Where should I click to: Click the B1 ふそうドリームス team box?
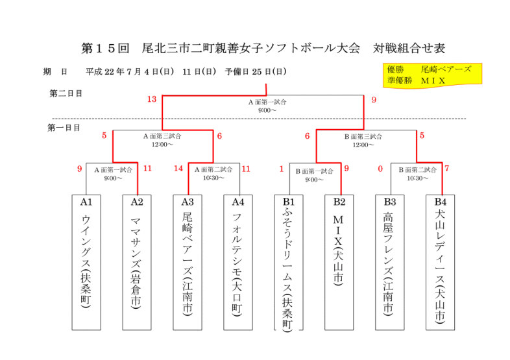pyautogui.click(x=289, y=263)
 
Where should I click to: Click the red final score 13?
pyautogui.click(x=152, y=100)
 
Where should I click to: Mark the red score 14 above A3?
pyautogui.click(x=179, y=169)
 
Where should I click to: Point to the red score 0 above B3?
pyautogui.click(x=380, y=169)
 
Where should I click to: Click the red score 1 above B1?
pyautogui.click(x=282, y=169)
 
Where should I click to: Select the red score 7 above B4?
pyautogui.click(x=447, y=169)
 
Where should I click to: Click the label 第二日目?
pyautogui.click(x=66, y=94)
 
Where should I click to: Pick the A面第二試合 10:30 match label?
pyautogui.click(x=213, y=173)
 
